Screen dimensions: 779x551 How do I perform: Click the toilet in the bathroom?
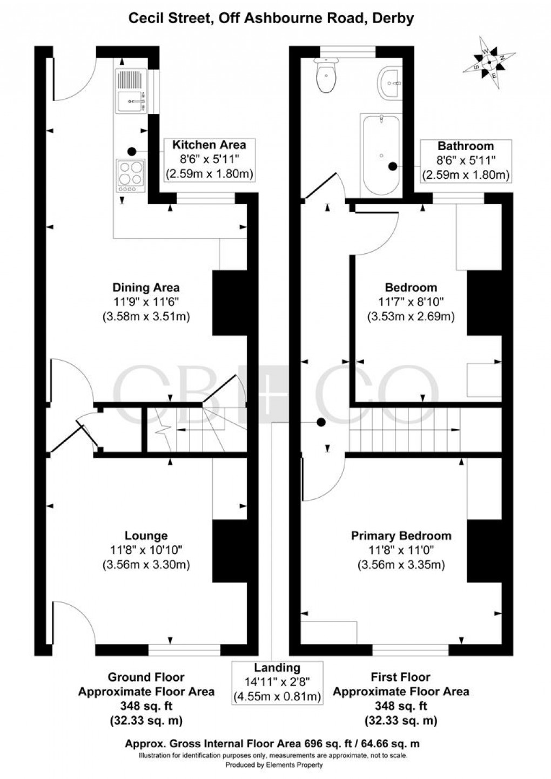(327, 77)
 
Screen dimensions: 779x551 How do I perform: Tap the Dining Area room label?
(146, 287)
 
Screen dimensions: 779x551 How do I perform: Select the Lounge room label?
(146, 536)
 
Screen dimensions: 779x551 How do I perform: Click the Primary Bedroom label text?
(401, 536)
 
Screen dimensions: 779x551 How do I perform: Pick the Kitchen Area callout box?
(209, 159)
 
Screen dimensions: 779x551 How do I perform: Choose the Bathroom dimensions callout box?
(465, 160)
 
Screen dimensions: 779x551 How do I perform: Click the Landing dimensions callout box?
(277, 682)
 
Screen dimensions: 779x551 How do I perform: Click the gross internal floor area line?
(272, 743)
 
